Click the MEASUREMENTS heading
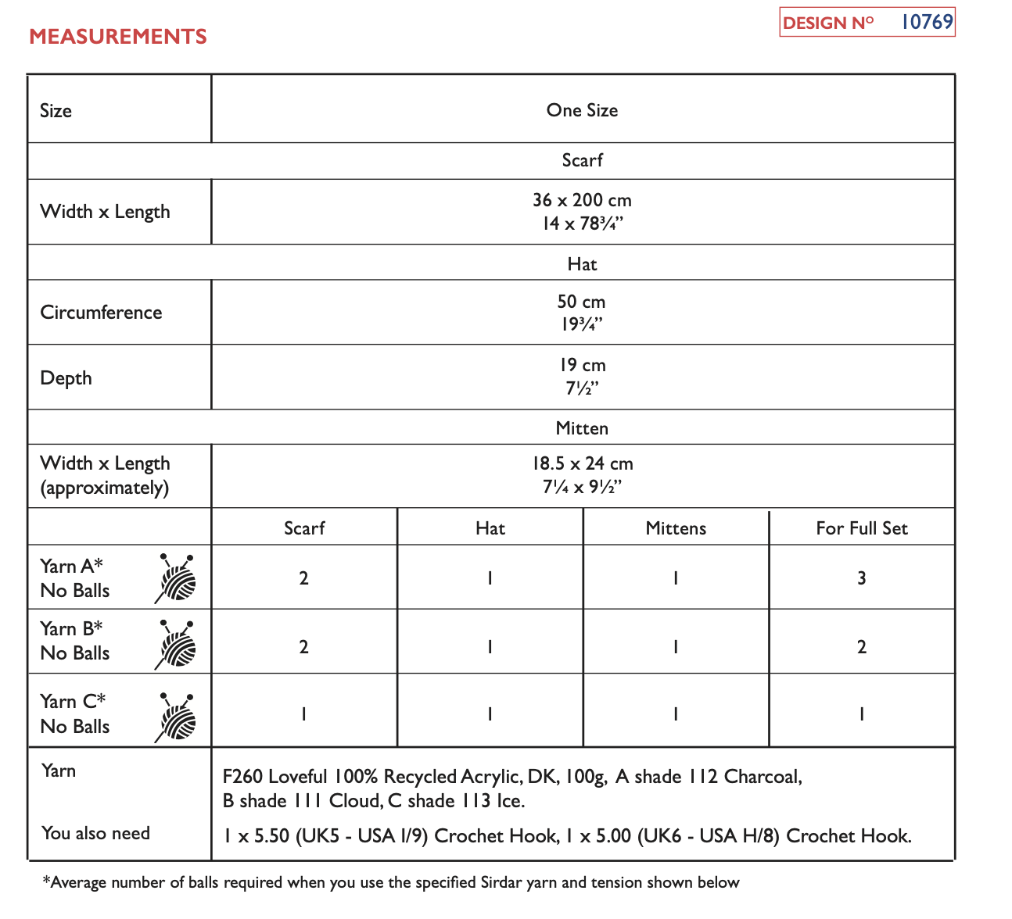tap(118, 37)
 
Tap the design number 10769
tap(927, 22)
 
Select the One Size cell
tap(582, 110)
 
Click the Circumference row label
tap(101, 313)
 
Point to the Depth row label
tap(66, 378)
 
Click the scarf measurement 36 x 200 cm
tap(582, 200)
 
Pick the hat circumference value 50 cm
tap(581, 302)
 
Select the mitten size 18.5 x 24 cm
tap(582, 463)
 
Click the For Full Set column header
tap(861, 528)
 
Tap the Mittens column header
tap(676, 528)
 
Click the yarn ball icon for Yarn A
tap(177, 578)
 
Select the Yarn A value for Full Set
tap(861, 578)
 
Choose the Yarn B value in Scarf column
tap(303, 647)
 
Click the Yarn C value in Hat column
tap(490, 714)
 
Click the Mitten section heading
tap(582, 428)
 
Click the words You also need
tap(95, 833)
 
